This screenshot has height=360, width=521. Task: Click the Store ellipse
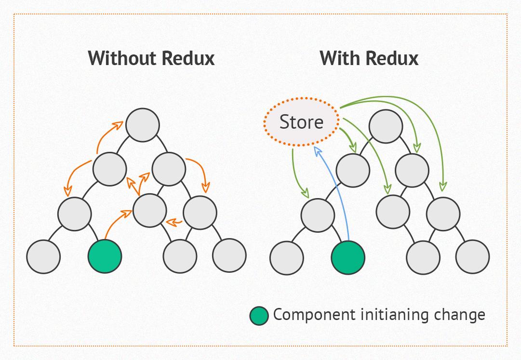point(301,122)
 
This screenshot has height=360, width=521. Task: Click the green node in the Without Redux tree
point(105,256)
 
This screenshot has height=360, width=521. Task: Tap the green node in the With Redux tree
point(348,257)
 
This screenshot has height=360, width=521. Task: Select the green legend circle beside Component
point(259,316)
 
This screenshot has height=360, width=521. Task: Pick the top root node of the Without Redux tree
point(142,125)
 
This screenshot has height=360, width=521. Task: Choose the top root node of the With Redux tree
point(386,126)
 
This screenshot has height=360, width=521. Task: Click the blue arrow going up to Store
point(334,193)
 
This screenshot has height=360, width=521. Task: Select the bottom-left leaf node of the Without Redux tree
point(43,256)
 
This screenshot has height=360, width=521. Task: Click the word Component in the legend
point(314,315)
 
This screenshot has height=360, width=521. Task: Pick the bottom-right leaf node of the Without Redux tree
point(229,256)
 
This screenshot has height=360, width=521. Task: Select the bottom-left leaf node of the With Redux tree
point(287,257)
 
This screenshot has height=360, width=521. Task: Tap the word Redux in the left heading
point(188,58)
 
